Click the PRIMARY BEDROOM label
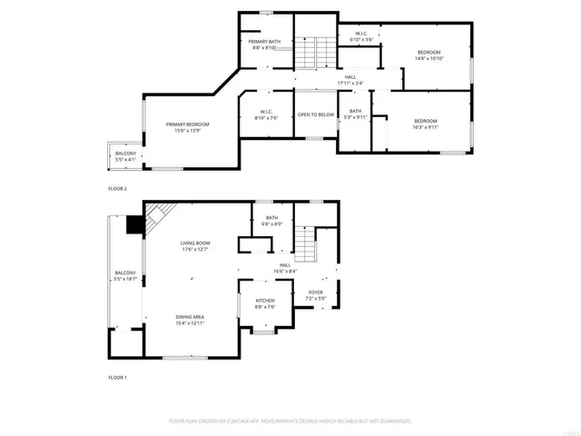click(x=187, y=124)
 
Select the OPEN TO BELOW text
click(x=316, y=114)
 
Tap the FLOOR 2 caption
click(x=118, y=189)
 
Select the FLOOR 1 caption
click(x=118, y=376)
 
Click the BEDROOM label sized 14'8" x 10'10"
click(x=428, y=54)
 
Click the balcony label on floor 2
click(x=125, y=154)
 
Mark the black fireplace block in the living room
click(x=135, y=224)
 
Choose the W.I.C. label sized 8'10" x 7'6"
click(x=264, y=114)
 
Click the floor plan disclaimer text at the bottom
click(x=290, y=421)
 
